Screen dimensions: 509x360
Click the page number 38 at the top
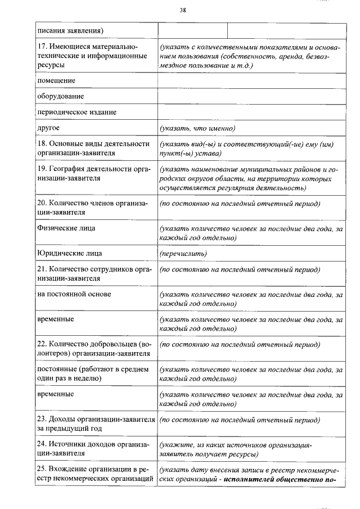[x=183, y=10]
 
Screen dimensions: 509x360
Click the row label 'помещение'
[x=56, y=80]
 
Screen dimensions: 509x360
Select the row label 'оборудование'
[x=61, y=96]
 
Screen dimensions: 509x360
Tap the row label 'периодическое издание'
[x=76, y=112]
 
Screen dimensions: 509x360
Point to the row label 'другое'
[x=48, y=128]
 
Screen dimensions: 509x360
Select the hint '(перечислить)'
[x=183, y=254]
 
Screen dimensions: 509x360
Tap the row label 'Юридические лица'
[x=69, y=253]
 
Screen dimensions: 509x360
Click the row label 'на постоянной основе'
[x=74, y=294]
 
